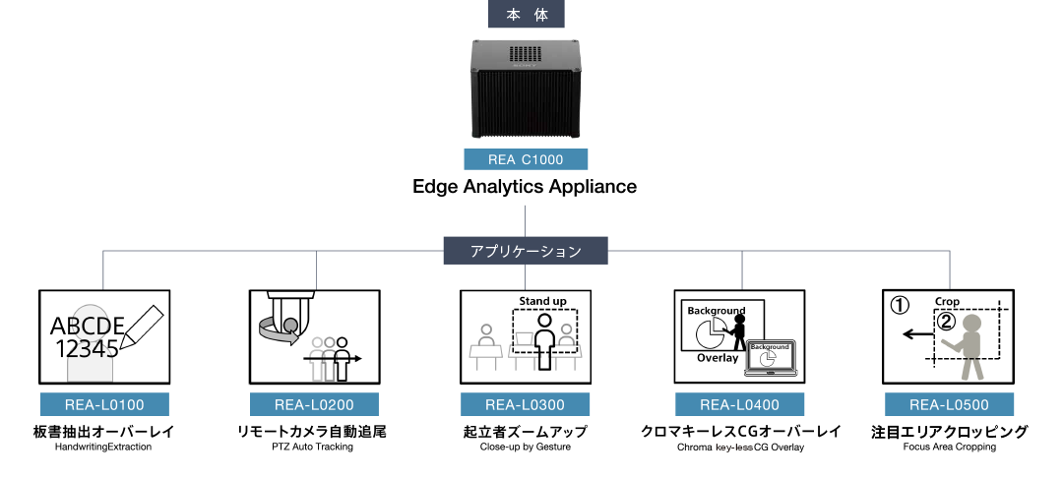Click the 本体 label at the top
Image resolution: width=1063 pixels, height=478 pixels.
click(x=526, y=14)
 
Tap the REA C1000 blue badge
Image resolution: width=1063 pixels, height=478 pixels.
click(x=526, y=159)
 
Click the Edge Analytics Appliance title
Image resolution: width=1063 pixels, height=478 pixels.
click(x=525, y=186)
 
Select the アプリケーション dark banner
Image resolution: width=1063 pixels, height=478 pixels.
click(x=526, y=251)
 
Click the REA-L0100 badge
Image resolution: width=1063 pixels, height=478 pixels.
click(x=104, y=404)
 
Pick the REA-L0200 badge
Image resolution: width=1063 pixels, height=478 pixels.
click(x=314, y=404)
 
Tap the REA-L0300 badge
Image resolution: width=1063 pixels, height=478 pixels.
click(x=525, y=404)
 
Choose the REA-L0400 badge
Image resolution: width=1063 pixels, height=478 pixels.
click(x=739, y=404)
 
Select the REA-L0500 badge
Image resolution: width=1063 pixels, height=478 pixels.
click(x=949, y=404)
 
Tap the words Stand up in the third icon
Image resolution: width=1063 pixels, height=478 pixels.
click(x=542, y=299)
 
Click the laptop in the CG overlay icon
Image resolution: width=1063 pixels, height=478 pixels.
click(x=770, y=358)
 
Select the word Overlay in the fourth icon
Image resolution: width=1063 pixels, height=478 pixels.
click(x=718, y=358)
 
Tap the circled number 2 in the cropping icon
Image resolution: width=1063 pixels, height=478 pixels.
click(x=946, y=321)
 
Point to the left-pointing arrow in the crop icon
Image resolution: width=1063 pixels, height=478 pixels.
click(x=918, y=335)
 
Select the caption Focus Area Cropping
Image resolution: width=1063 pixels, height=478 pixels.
click(x=949, y=447)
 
